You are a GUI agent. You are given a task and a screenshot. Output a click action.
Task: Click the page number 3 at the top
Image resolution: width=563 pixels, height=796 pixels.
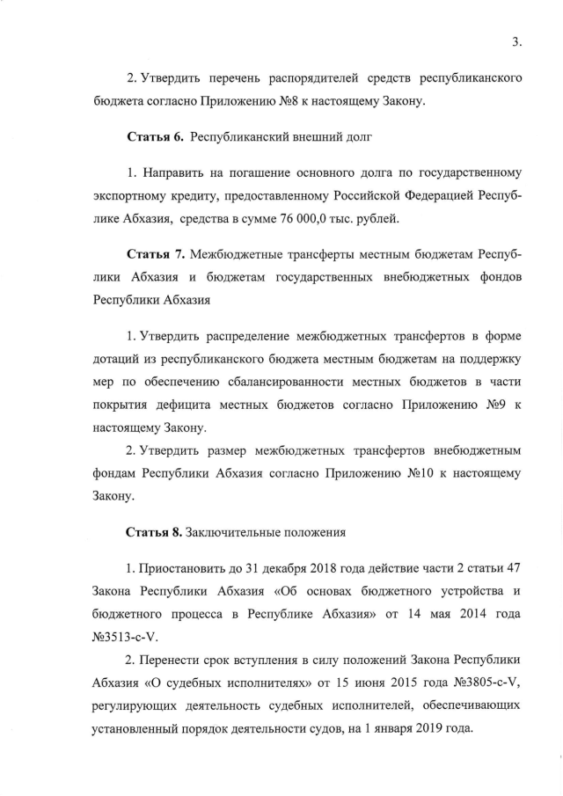tap(515, 40)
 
